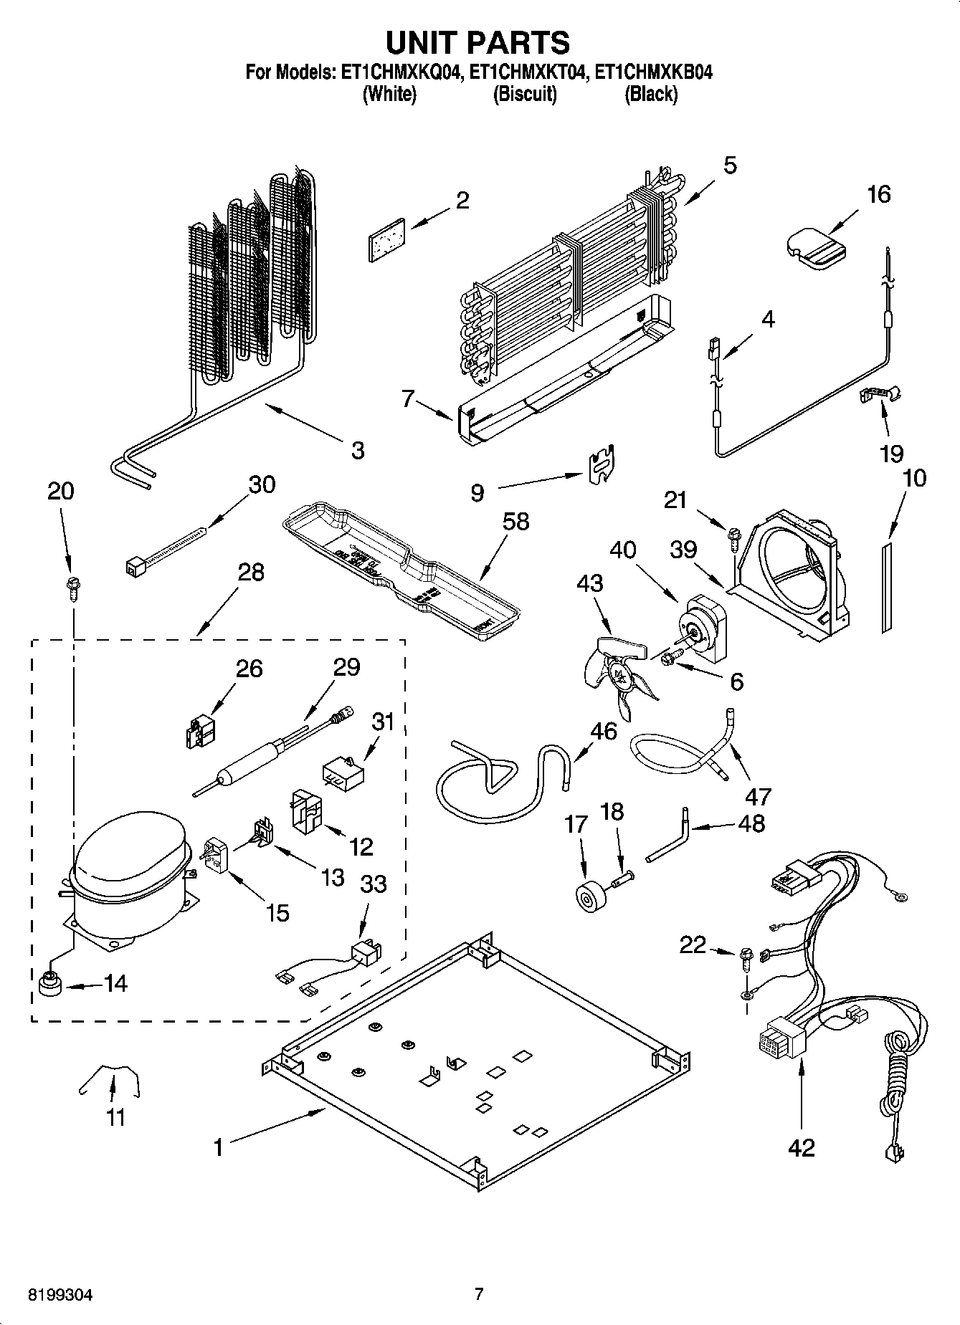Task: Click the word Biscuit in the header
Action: point(524,94)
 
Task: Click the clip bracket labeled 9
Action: point(603,465)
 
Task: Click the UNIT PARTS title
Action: point(478,42)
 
